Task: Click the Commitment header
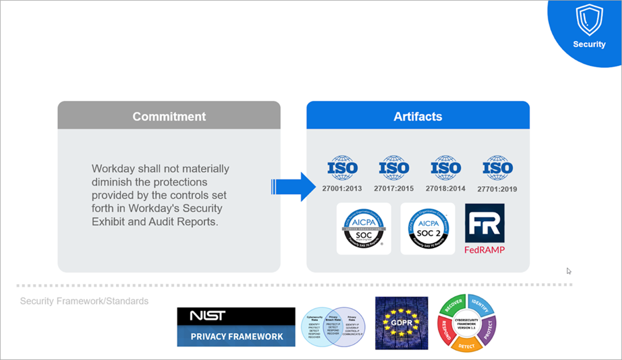pos(169,116)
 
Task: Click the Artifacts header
pos(417,116)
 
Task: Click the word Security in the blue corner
pos(589,45)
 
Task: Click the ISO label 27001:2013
pos(342,188)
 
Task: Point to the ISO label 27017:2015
pos(393,188)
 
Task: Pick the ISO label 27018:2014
pos(445,188)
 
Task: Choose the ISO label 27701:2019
pos(497,189)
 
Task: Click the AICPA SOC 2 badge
pos(427,228)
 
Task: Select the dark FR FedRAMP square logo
pos(484,223)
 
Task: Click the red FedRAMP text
pos(484,250)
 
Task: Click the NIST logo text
pos(207,316)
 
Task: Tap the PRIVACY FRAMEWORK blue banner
pos(236,336)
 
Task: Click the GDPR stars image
pos(401,323)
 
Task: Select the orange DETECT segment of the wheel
pos(467,345)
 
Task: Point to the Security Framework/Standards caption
pos(84,301)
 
